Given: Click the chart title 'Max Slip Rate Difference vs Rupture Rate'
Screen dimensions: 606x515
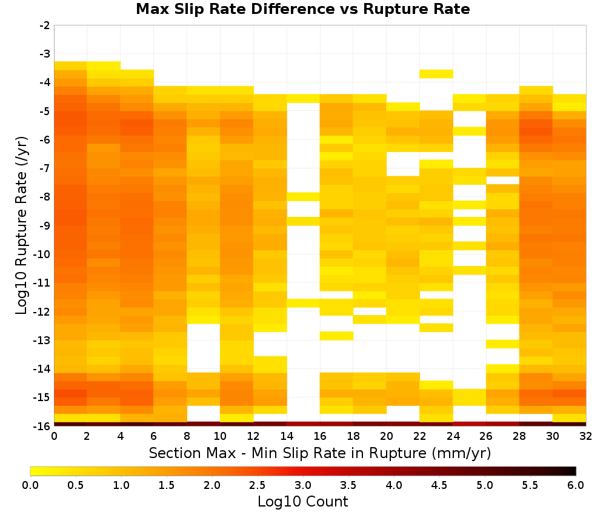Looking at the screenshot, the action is (303, 9).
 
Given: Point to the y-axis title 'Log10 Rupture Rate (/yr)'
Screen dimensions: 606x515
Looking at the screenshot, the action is (22, 225).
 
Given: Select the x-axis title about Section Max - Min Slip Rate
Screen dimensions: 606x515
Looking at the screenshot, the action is (320, 453).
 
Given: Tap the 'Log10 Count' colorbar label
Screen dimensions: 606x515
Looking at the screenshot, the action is (303, 502).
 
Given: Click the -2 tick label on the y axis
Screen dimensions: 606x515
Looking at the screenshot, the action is (45, 25).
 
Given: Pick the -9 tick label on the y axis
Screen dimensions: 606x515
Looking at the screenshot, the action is (45, 225).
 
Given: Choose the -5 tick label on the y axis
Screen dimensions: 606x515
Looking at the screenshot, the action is (45, 111).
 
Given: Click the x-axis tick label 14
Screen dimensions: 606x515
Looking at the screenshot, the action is (287, 436).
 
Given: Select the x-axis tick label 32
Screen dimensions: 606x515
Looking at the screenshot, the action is (586, 436).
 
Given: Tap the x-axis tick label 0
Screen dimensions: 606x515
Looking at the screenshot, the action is (54, 436).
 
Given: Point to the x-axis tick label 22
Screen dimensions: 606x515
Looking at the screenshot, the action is (420, 436).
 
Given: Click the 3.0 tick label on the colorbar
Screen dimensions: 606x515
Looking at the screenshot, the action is (303, 485).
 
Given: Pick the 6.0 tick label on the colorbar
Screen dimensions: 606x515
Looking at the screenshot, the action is (576, 485).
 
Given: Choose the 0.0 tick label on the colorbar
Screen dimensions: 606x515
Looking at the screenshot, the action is (30, 485).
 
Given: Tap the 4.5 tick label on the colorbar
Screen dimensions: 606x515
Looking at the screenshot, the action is (439, 485).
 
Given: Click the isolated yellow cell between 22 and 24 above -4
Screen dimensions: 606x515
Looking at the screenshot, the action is (436, 74).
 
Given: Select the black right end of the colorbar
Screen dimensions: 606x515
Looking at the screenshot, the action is (574, 471).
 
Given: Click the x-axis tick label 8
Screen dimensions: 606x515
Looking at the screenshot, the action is (187, 436).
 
